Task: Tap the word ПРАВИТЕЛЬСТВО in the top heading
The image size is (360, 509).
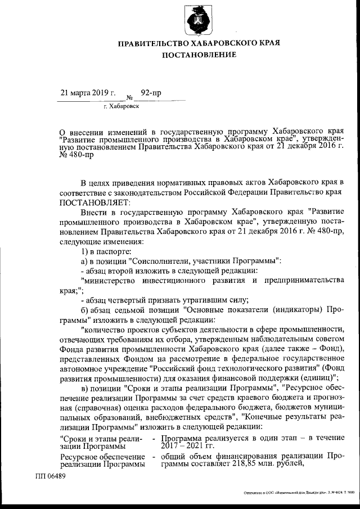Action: click(x=153, y=43)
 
